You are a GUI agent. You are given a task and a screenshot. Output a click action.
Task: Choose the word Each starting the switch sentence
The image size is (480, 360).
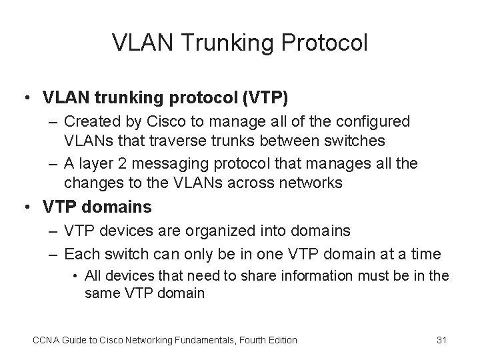pyautogui.click(x=81, y=254)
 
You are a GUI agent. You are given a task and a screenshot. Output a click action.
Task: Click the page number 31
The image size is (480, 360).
pyautogui.click(x=441, y=340)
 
